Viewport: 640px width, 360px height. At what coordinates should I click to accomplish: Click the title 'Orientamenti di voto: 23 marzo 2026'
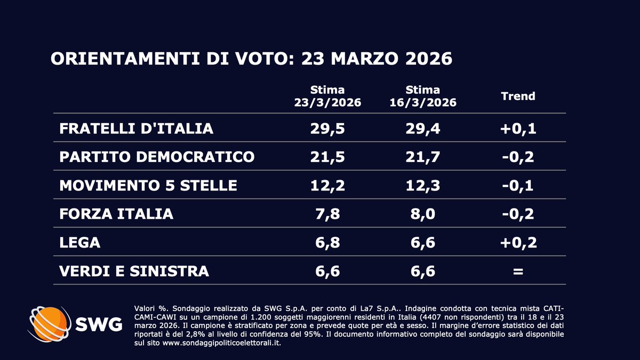pos(251,59)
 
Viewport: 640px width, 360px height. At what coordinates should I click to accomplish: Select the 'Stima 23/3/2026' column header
pos(327,96)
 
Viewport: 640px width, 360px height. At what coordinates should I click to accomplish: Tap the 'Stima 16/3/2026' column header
pos(422,96)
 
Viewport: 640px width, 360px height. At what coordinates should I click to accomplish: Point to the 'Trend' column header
pos(517,96)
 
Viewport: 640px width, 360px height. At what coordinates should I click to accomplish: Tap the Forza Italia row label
pos(117,214)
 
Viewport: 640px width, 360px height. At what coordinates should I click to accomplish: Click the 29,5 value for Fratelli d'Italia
pos(327,128)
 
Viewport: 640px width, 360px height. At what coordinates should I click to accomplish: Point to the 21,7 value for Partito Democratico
pos(422,157)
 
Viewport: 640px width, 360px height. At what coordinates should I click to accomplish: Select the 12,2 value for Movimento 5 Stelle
pos(327,186)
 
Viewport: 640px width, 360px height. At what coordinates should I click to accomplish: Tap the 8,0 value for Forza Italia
pos(422,214)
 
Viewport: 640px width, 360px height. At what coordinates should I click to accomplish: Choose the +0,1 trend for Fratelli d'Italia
pos(517,128)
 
